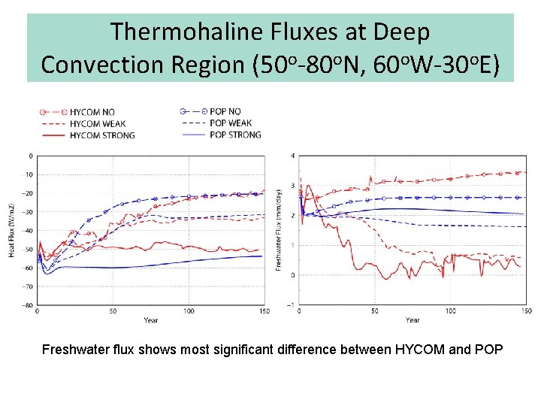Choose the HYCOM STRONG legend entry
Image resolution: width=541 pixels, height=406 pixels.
coord(102,135)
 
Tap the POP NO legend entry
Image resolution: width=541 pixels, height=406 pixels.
coord(225,112)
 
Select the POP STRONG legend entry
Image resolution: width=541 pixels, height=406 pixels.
coord(235,135)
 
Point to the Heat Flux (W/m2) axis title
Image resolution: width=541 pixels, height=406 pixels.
coord(12,231)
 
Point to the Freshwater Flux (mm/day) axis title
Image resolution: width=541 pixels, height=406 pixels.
coord(279,230)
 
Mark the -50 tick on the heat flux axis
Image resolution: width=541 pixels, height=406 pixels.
coord(28,250)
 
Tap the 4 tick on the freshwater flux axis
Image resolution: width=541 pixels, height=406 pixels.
coord(293,156)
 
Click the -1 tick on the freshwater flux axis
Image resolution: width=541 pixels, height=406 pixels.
coord(292,305)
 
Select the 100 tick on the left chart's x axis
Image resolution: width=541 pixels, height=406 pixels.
coord(189,311)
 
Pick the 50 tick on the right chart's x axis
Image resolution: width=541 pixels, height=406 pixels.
coord(375,311)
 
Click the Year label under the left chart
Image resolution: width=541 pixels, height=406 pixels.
coord(151,320)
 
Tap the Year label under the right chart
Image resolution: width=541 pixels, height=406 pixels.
coord(413,320)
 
